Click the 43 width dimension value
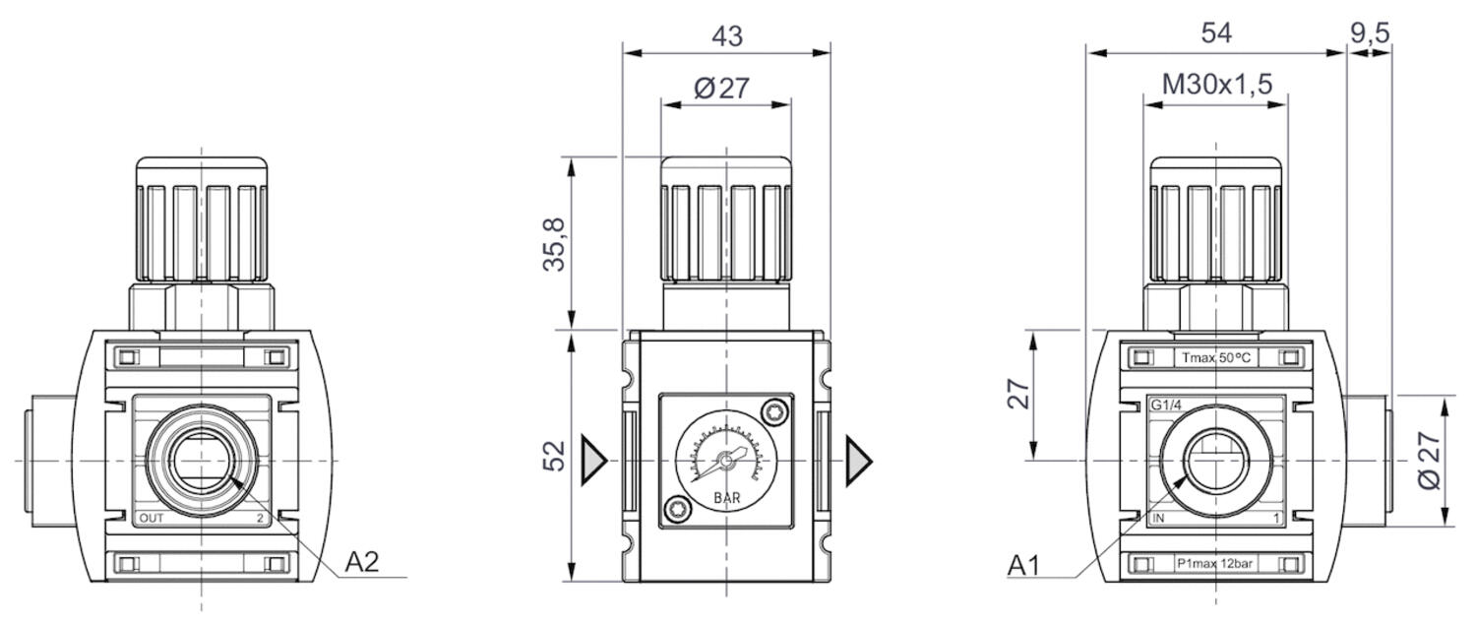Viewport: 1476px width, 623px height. coord(726,35)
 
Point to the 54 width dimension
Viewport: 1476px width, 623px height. coord(1215,32)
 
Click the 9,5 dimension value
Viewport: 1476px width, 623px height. coord(1369,32)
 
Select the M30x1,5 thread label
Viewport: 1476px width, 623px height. coord(1216,85)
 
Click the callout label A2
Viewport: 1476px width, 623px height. coord(361,562)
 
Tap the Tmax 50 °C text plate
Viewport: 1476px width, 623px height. coord(1215,358)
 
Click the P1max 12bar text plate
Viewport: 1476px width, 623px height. coord(1215,565)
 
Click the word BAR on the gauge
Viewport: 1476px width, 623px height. coord(726,498)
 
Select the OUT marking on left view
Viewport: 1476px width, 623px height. coord(152,518)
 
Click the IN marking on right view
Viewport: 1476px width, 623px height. coord(1158,518)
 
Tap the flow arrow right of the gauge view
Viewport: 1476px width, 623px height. coord(859,460)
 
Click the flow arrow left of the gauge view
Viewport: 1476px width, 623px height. coord(594,460)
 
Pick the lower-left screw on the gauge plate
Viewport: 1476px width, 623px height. coord(673,509)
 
